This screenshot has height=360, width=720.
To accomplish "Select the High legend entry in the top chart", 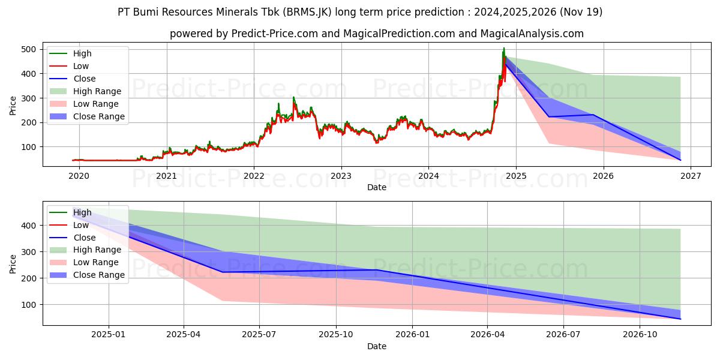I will (x=83, y=53).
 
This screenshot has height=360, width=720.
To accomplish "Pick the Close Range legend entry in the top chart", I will (x=99, y=116).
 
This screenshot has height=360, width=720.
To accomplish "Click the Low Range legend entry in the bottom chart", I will (x=97, y=262).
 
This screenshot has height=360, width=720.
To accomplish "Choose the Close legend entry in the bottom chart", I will (x=85, y=238).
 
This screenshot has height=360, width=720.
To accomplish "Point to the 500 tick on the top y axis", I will (x=28, y=49).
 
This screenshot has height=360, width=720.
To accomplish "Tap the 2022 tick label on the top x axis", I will (x=254, y=176).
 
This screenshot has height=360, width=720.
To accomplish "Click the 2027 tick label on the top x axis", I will (x=690, y=176).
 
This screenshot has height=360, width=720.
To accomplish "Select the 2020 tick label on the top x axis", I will (x=79, y=176).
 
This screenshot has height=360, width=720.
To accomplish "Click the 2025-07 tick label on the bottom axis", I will (x=259, y=334).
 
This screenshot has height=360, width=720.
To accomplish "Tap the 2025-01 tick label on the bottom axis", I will (x=108, y=334).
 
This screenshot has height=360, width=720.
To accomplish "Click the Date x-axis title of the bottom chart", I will (x=376, y=346).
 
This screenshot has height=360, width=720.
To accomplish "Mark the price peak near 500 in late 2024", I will (x=504, y=48).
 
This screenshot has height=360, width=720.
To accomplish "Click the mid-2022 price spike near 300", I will (x=293, y=97).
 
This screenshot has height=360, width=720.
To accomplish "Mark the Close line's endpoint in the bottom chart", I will (x=680, y=319).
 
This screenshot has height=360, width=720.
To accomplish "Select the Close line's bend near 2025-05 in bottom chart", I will (x=222, y=272).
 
